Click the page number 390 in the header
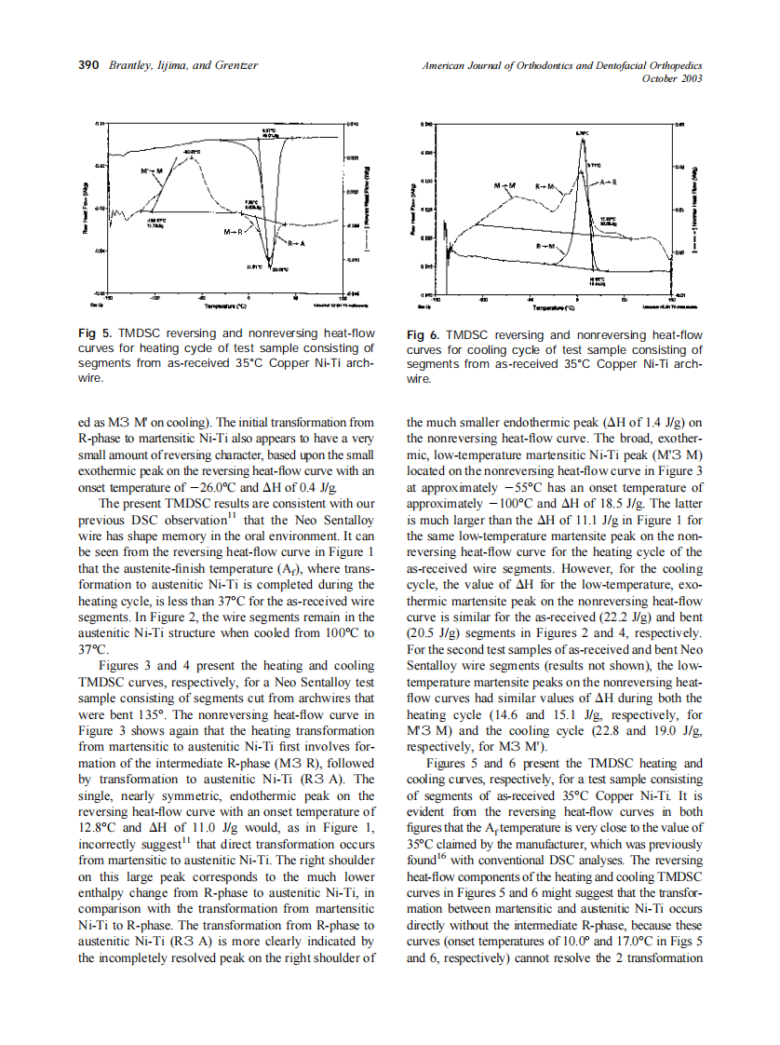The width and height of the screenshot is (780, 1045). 87,66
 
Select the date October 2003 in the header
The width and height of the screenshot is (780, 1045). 672,78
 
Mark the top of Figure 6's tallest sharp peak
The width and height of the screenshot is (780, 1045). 581,141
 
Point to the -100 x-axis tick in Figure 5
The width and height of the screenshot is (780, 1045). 155,298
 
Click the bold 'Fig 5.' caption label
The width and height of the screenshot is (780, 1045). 94,333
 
